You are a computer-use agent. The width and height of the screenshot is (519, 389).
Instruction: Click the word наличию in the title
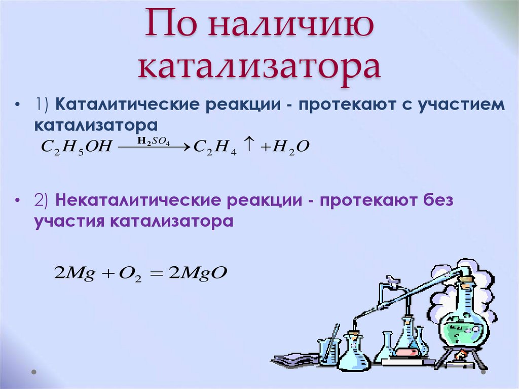(x=291, y=24)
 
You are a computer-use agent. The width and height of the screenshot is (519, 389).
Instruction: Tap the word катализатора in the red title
(x=259, y=68)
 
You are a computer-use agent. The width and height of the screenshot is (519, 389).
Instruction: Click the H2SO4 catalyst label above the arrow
(x=154, y=142)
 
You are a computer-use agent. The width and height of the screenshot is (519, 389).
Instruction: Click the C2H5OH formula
(x=77, y=147)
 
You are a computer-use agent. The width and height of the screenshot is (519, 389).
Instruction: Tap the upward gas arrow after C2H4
(x=249, y=145)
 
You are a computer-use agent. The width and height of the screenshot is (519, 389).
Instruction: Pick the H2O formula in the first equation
(x=290, y=147)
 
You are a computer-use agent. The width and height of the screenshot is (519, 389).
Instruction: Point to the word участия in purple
(x=69, y=221)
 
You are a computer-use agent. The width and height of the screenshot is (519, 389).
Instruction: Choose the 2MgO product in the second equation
(x=198, y=273)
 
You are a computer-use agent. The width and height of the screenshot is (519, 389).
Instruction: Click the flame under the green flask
(x=461, y=356)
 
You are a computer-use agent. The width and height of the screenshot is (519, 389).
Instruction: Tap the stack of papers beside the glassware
(x=294, y=360)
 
